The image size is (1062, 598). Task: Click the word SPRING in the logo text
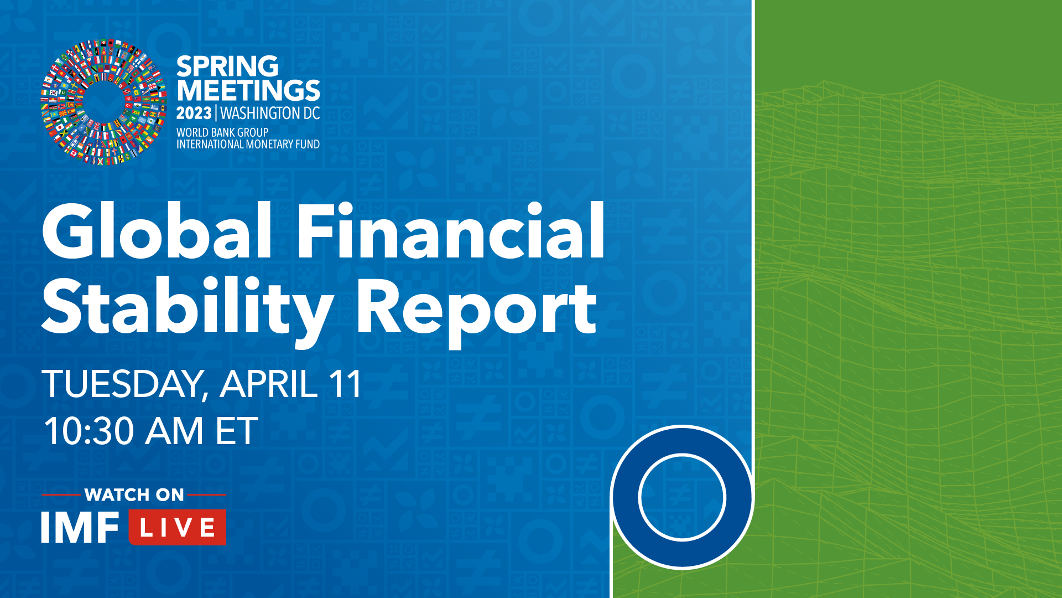(227, 66)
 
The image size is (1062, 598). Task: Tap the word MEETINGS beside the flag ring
(248, 90)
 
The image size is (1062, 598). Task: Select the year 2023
(194, 114)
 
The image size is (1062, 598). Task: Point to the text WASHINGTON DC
(270, 114)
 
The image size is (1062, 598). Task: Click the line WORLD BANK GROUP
(222, 132)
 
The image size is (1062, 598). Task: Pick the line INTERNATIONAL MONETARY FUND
(248, 144)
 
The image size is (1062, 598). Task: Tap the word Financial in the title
(451, 231)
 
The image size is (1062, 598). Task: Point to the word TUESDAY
(125, 384)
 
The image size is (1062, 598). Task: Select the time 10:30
(89, 431)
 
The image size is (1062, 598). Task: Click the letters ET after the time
(237, 431)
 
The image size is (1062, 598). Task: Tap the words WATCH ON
(134, 494)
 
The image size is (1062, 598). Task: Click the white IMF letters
(80, 527)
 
